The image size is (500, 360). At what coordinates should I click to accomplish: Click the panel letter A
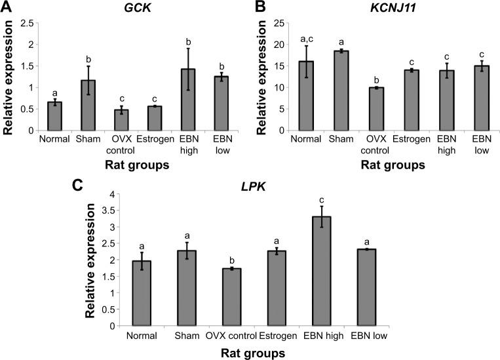(x=7, y=8)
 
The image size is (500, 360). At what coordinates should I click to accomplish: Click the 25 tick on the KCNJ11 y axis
(x=288, y=24)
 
